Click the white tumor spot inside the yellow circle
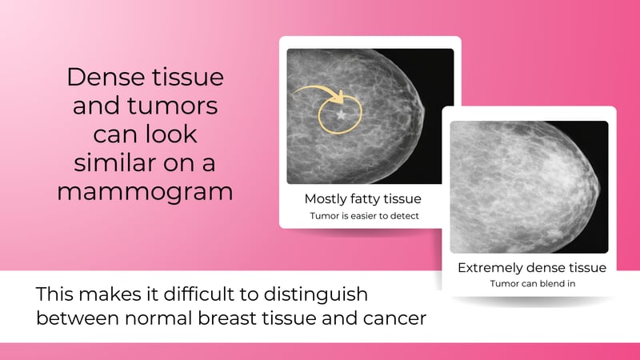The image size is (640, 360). pyautogui.click(x=343, y=116)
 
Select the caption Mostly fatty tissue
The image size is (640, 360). pyautogui.click(x=362, y=198)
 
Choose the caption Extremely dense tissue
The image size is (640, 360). pyautogui.click(x=531, y=267)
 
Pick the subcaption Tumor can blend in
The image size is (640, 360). pyautogui.click(x=531, y=284)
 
